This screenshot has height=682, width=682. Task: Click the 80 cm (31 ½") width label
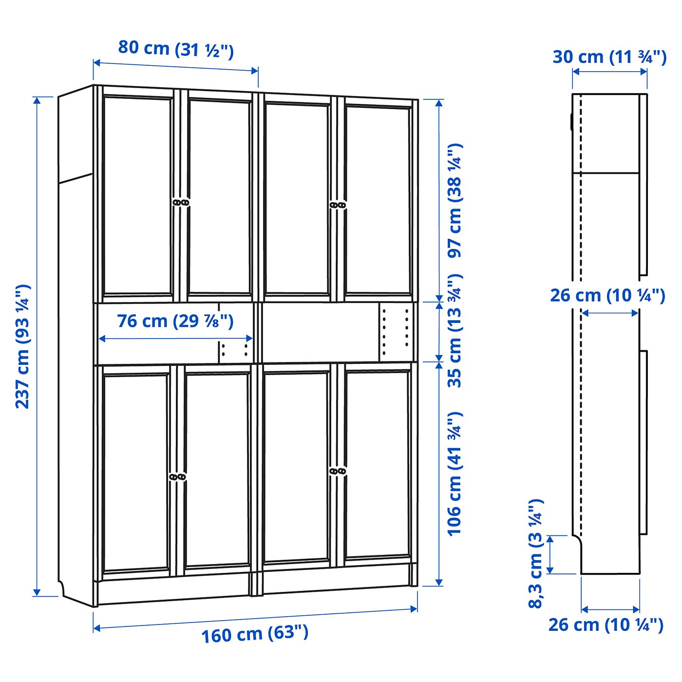(176, 49)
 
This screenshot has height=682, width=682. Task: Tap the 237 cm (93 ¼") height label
(22, 346)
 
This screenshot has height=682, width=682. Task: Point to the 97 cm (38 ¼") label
(454, 200)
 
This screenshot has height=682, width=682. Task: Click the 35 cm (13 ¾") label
(454, 331)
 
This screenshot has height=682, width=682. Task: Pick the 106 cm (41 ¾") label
(454, 474)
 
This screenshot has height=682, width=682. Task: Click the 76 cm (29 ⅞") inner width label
(175, 321)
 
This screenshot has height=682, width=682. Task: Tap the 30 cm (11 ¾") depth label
(609, 57)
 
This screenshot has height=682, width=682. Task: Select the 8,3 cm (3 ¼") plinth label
(535, 553)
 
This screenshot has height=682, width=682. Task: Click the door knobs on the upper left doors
(181, 202)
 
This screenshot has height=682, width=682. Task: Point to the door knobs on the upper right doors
(338, 206)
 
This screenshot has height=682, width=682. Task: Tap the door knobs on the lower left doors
(177, 477)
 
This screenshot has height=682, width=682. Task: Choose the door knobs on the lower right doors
(337, 471)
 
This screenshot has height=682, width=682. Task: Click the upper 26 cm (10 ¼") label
(607, 295)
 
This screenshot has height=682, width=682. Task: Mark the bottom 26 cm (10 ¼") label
(606, 625)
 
